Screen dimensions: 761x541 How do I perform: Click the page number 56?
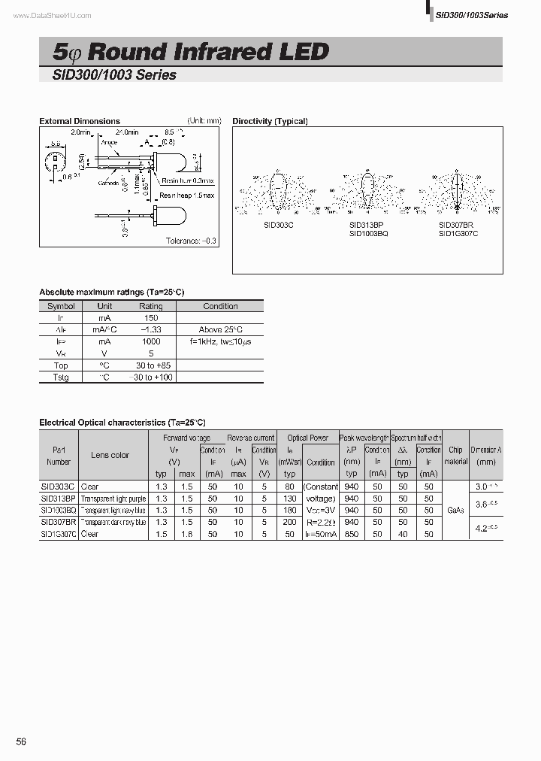click(21, 741)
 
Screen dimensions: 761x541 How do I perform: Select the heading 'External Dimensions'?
click(80, 121)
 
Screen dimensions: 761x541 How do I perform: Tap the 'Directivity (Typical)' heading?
click(270, 121)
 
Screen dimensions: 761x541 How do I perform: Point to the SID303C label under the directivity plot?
click(278, 225)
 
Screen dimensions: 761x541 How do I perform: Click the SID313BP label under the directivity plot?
click(366, 225)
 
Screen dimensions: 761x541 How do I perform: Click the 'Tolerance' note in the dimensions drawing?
click(191, 241)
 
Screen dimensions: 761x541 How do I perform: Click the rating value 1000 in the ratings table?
click(151, 341)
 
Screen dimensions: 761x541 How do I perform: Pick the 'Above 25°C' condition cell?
click(220, 330)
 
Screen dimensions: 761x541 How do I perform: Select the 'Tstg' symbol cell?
click(61, 377)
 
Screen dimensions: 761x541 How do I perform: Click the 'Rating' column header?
click(151, 306)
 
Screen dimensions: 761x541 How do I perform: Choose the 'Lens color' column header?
click(110, 455)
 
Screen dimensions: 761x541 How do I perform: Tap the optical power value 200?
click(289, 522)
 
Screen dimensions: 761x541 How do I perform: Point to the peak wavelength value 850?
click(352, 534)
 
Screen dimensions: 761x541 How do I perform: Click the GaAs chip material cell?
click(455, 510)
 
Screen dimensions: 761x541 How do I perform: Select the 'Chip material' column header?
click(455, 456)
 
